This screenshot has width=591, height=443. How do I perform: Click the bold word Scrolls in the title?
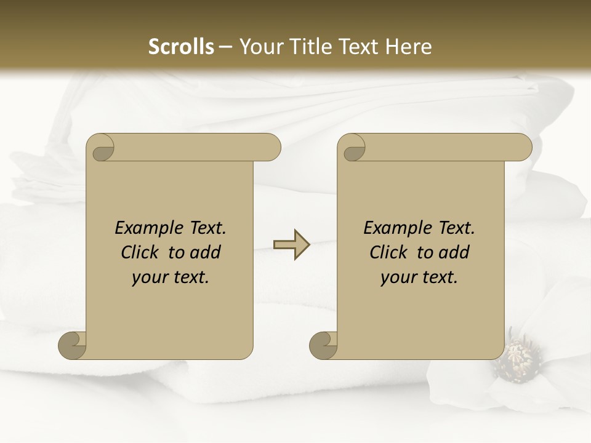[x=181, y=47]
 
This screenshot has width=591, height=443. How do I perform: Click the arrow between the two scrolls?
[x=291, y=245]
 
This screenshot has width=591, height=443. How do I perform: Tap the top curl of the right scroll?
[x=353, y=148]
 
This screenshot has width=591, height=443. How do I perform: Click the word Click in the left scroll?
[x=141, y=252]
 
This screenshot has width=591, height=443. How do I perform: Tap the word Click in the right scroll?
[x=388, y=252]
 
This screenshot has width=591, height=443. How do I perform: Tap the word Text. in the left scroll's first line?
[x=206, y=228]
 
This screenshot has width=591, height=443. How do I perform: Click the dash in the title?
[x=225, y=47]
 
